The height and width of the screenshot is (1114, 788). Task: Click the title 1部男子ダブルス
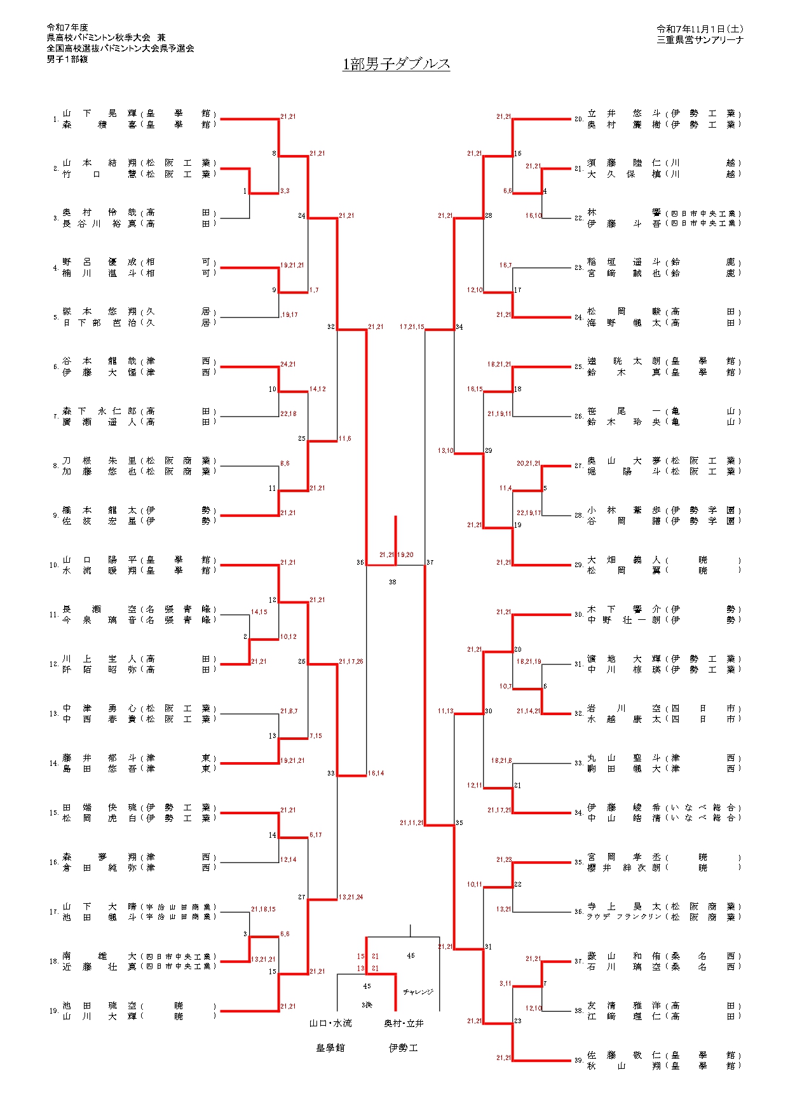396,64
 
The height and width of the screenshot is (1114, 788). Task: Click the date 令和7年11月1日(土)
700,29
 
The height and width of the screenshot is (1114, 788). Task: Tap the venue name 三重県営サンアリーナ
700,40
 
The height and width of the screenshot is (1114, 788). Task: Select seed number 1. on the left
56,119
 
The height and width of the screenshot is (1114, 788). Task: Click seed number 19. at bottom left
55,1010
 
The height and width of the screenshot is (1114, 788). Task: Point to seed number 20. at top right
578,119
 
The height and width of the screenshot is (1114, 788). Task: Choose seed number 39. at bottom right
578,1060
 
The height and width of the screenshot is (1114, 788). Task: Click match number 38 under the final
392,582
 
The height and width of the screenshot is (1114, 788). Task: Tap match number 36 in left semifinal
360,562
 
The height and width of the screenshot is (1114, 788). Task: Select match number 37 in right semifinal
430,562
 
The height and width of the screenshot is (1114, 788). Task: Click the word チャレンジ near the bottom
418,991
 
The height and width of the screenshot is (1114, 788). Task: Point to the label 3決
367,1005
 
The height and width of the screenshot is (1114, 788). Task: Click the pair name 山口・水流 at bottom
330,1023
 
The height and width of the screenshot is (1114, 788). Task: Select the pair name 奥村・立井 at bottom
404,1023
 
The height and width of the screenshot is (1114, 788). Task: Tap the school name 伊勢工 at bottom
404,1048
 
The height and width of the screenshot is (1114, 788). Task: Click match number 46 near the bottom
411,955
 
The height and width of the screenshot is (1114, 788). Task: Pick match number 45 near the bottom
367,986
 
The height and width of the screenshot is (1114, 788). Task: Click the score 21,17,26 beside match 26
351,661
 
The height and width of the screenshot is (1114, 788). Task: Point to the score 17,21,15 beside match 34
412,326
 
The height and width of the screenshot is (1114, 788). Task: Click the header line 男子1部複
67,59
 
